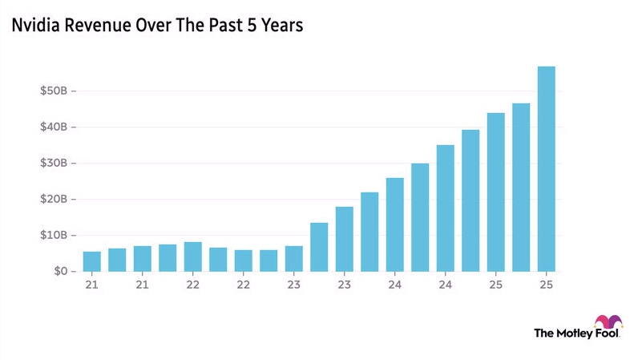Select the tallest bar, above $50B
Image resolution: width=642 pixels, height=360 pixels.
point(546,169)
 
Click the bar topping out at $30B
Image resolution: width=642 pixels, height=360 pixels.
point(420,217)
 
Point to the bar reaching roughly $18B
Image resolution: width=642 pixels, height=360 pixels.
point(344,239)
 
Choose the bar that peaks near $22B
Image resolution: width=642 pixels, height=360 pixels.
point(369,232)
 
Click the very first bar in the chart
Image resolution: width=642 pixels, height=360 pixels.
point(92,261)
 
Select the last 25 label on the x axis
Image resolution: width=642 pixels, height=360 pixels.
point(546,285)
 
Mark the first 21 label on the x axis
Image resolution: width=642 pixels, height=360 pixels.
point(92,285)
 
